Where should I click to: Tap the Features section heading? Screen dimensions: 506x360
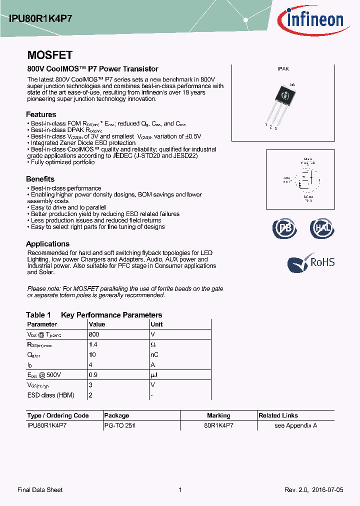click(41, 114)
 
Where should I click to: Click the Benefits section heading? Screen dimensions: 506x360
click(40, 179)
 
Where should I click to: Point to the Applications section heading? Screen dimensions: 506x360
click(47, 244)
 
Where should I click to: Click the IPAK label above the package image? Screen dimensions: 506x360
click(283, 69)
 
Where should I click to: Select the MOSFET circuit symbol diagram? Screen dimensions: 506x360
click(305, 179)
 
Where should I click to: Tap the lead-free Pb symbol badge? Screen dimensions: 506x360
click(284, 228)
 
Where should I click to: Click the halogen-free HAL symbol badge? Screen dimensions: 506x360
click(321, 228)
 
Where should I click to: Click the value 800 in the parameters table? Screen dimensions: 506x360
click(93, 334)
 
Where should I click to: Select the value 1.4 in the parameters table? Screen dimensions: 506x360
click(92, 345)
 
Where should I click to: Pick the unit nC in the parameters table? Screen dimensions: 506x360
click(154, 355)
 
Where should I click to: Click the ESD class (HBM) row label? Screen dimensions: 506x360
click(50, 395)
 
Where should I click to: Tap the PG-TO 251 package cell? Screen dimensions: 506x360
click(119, 425)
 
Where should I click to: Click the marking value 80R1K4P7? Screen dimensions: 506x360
click(218, 425)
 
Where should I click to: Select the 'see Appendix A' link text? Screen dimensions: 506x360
click(295, 425)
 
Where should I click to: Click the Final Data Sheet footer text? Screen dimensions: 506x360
click(40, 490)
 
